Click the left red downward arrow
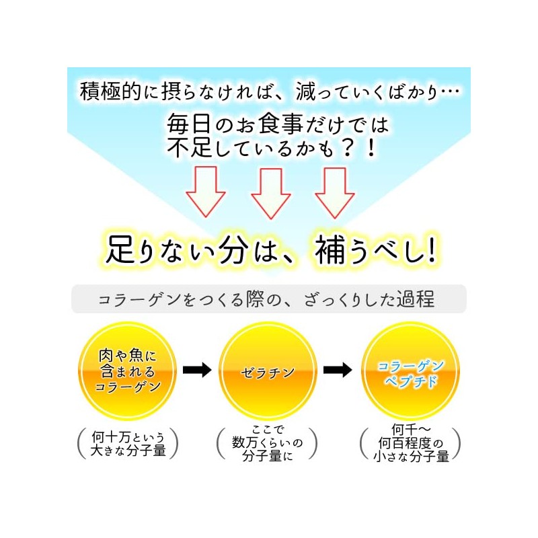click(206, 190)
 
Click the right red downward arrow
click(334, 191)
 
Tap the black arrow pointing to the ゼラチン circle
click(197, 369)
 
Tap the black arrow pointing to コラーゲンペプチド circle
click(337, 369)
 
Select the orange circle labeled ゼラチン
click(268, 371)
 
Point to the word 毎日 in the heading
click(182, 124)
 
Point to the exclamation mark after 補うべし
click(430, 250)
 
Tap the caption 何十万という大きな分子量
click(128, 444)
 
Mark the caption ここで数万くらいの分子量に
click(268, 444)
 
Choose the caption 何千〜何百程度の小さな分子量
click(410, 444)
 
